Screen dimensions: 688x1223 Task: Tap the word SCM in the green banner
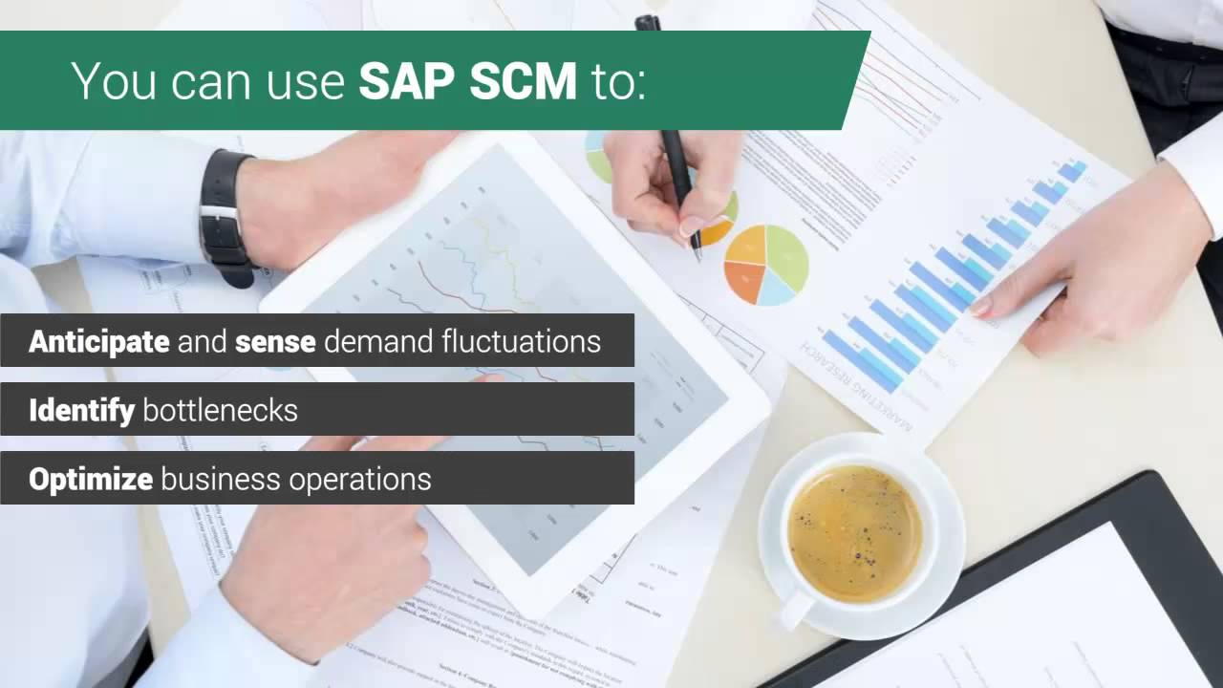524,81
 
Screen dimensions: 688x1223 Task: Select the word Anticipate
99,341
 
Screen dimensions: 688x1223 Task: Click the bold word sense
275,341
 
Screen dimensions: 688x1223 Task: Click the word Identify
81,410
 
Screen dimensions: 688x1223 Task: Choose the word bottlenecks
220,411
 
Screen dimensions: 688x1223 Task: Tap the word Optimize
91,479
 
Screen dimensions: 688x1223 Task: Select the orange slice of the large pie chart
743,282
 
